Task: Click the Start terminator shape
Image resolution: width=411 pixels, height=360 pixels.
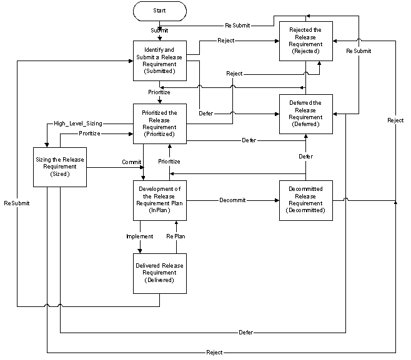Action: point(160,11)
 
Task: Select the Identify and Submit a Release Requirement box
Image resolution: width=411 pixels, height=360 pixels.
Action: point(160,61)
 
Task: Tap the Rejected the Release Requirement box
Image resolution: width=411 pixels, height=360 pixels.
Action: point(306,41)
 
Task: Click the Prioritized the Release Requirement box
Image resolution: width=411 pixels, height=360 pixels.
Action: point(160,124)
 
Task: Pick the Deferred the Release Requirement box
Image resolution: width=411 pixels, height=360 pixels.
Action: point(306,114)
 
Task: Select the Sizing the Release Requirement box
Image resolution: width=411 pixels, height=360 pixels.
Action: point(60,167)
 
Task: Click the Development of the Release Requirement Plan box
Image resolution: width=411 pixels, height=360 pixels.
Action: point(160,200)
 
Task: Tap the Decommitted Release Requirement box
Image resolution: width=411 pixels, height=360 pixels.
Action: point(306,200)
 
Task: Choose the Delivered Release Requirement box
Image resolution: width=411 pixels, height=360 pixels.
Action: point(160,273)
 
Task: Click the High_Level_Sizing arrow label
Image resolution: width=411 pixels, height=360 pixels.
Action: point(78,124)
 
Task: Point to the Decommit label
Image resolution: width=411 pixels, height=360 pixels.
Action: point(232,200)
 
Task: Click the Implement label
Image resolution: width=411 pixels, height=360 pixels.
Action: point(140,236)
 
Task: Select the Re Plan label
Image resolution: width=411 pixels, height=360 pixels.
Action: point(176,236)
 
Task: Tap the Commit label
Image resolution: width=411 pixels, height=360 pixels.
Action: point(132,162)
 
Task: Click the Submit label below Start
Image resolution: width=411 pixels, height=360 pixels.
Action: point(159,31)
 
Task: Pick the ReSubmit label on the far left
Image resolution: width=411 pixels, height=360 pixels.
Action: point(17,203)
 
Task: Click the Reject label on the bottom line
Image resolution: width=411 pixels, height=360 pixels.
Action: point(214,353)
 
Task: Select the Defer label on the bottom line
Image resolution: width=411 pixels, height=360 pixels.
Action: point(246,333)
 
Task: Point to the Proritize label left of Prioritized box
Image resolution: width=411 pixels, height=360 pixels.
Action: point(90,134)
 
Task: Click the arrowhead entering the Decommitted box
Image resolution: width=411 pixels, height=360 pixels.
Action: point(277,200)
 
